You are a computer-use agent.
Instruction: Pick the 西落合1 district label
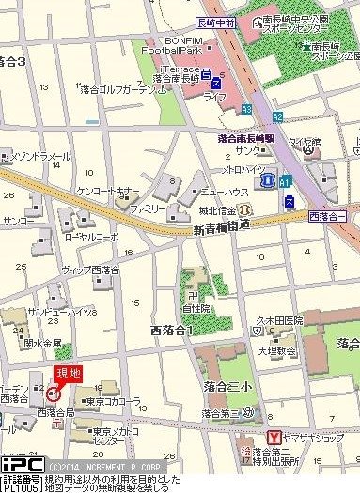pyautogui.click(x=170, y=331)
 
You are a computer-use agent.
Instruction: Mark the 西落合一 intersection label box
pyautogui.click(x=326, y=217)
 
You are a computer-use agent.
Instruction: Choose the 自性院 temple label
pyautogui.click(x=196, y=306)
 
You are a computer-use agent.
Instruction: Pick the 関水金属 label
pyautogui.click(x=43, y=344)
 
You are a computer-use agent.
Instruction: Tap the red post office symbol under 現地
pyautogui.click(x=53, y=392)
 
